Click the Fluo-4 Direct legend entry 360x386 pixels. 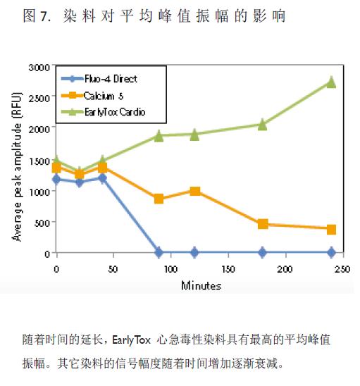(99, 79)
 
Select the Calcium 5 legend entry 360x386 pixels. (92, 96)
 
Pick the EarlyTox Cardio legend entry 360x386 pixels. (103, 112)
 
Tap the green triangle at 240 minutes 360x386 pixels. (331, 82)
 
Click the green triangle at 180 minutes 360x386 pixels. (263, 125)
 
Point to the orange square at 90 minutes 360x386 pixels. (159, 199)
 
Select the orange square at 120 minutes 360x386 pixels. (194, 191)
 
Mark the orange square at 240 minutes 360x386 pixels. (331, 230)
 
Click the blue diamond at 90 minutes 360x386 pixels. (159, 252)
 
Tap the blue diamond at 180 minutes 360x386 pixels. (263, 252)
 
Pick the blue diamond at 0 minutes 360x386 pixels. (56, 179)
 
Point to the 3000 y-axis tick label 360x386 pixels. (39, 67)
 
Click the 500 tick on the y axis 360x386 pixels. (42, 223)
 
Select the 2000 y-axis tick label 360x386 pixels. (39, 129)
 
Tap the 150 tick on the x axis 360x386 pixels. (228, 269)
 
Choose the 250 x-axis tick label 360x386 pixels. (342, 269)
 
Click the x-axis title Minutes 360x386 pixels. (201, 285)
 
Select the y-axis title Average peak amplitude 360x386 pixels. (17, 167)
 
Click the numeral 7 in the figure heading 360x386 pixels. (44, 16)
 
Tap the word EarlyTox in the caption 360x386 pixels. (131, 340)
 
